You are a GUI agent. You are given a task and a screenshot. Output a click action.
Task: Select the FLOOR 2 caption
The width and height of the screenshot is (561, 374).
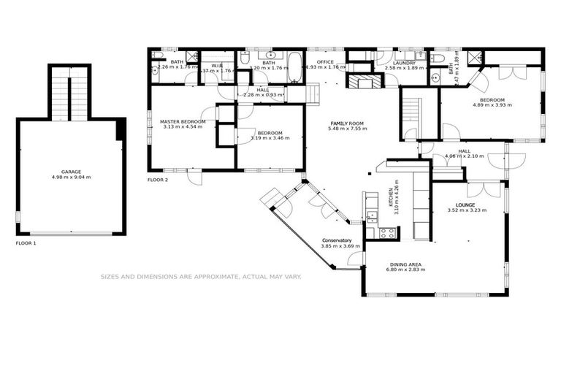[x=158, y=179]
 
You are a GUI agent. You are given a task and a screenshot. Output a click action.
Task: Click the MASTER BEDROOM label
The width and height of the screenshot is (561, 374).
[x=183, y=121]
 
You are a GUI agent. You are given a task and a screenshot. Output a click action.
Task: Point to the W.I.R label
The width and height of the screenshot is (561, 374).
[x=217, y=66]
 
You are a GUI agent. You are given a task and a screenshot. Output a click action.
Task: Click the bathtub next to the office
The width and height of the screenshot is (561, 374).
[x=294, y=66]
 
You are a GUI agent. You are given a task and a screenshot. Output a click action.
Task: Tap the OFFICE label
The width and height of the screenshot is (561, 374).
[x=326, y=63]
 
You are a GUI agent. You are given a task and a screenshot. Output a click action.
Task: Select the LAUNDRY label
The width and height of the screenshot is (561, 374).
[x=404, y=63]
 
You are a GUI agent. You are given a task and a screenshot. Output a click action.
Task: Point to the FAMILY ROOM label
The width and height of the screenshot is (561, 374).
[x=347, y=123]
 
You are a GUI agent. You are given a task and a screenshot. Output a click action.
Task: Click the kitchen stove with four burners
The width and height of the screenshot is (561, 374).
[x=388, y=233]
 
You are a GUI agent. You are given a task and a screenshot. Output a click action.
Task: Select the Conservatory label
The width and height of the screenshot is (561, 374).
[x=337, y=240]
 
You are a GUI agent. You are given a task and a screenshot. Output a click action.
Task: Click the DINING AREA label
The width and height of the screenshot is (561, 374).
[x=405, y=264]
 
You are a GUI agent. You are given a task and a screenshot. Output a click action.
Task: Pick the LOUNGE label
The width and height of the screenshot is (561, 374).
[x=466, y=205]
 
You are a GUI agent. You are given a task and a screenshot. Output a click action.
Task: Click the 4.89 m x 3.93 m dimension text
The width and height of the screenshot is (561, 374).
[x=492, y=105]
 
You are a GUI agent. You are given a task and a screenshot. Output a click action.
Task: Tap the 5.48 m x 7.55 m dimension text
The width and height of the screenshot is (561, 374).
[x=347, y=129]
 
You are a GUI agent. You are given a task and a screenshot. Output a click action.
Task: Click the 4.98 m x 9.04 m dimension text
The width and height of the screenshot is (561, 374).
[x=72, y=177]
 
